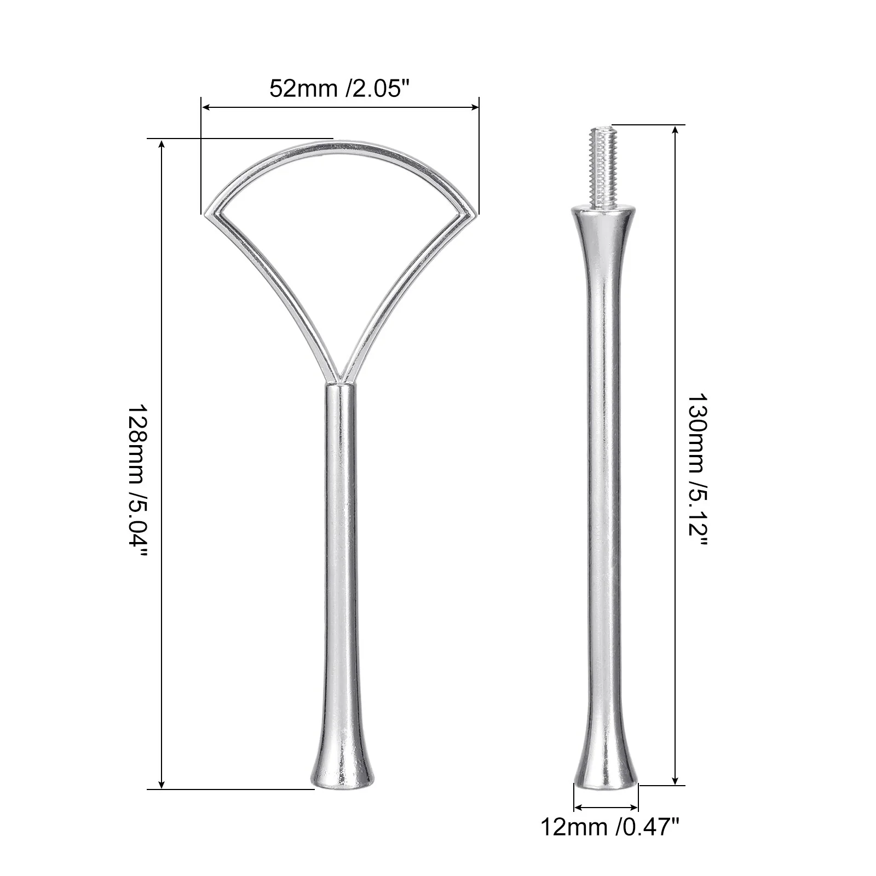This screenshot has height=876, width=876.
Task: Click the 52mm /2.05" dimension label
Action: pyautogui.click(x=339, y=88)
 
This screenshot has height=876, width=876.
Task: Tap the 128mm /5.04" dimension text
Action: pyautogui.click(x=137, y=481)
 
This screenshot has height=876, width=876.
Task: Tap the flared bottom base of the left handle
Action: pyautogui.click(x=343, y=766)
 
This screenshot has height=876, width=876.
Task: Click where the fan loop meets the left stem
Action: pyautogui.click(x=340, y=383)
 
